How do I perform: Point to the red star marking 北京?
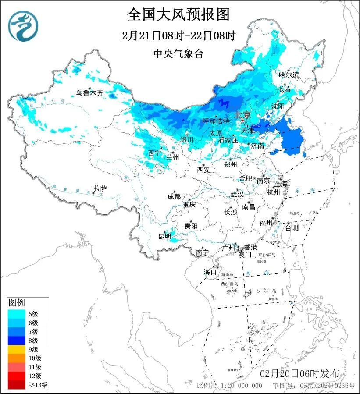tap(243, 121)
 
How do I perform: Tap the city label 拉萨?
tap(100, 189)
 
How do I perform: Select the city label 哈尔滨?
tap(289, 75)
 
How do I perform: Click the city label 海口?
tap(210, 272)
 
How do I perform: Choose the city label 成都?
tap(174, 197)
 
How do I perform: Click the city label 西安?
tap(203, 169)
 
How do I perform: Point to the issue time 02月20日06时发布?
tap(299, 374)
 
